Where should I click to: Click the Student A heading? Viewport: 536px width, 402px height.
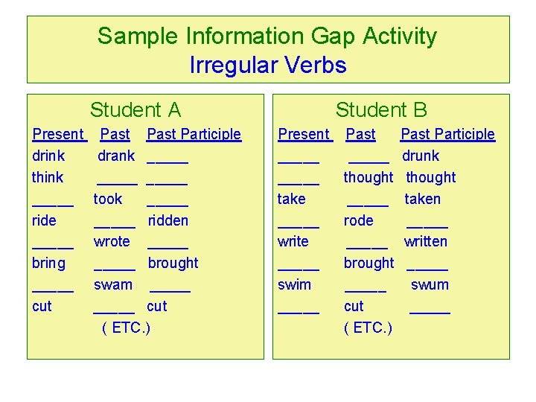coord(135,110)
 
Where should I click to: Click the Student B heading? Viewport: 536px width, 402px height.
coord(381,110)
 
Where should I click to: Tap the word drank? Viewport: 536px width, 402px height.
coord(116,156)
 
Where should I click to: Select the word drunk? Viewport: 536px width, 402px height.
coord(421,156)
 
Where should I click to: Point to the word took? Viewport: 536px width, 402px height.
coord(108,199)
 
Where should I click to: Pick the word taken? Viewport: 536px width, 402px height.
coord(422,199)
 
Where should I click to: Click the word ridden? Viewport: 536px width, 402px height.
coord(168,220)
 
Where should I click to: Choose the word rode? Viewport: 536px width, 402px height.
coord(359,220)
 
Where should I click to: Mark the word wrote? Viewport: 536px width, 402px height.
coord(112,241)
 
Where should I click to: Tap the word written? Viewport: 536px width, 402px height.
coord(426,241)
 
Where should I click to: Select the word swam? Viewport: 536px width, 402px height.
coord(113,284)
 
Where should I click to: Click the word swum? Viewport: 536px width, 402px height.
coord(430,284)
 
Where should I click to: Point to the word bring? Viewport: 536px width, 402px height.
coord(49,263)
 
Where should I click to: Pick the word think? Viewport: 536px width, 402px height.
coord(48,177)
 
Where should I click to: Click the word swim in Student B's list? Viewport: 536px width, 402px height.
coord(294,284)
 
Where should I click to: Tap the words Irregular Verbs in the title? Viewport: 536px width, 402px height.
coord(268,66)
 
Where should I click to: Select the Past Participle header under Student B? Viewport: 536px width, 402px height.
coord(447,134)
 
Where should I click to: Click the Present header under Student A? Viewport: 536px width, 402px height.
coord(58,134)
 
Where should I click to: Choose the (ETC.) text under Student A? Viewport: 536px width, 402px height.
coord(126,328)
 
